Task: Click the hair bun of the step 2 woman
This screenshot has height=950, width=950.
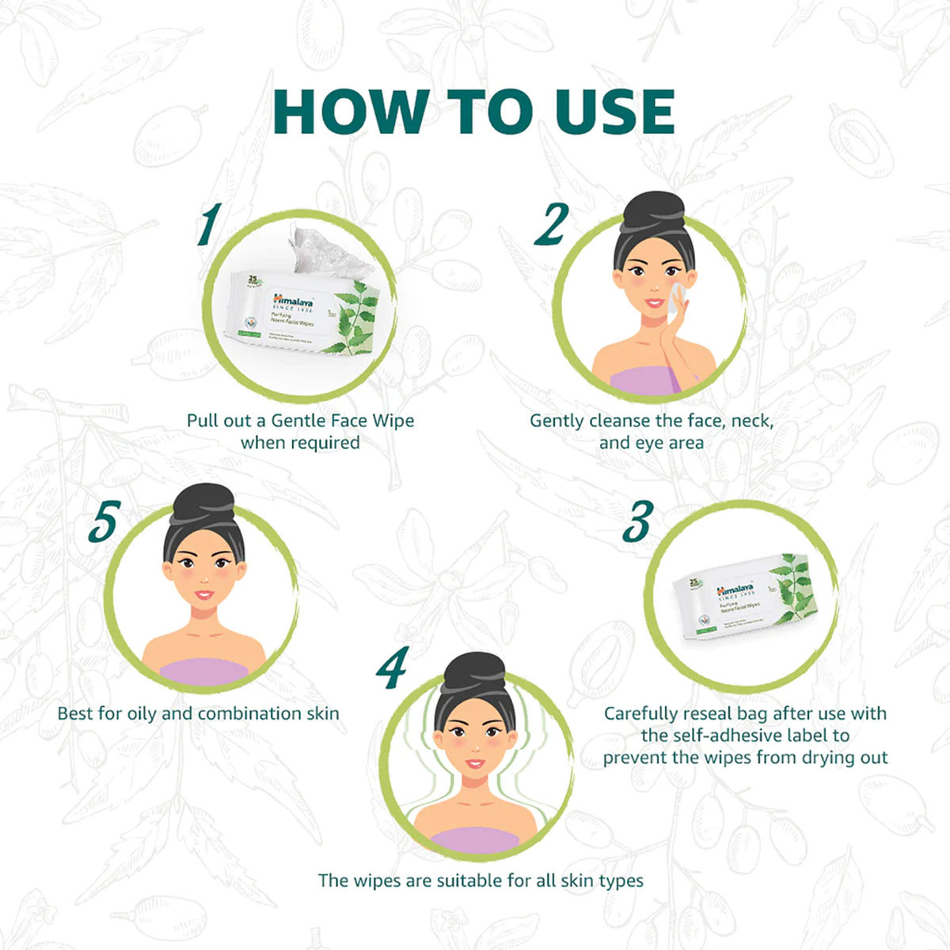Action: coord(653,207)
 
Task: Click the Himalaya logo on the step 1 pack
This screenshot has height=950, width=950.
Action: coord(293,300)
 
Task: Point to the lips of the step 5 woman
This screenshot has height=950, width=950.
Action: coord(203,594)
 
